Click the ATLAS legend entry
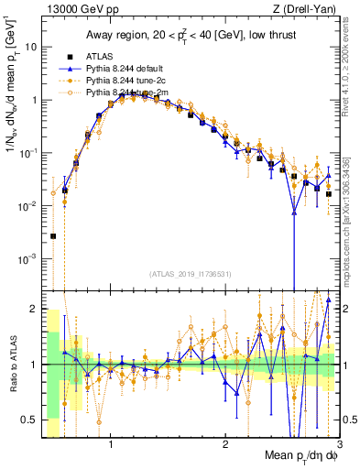point(101,57)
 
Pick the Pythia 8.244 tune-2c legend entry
point(125,81)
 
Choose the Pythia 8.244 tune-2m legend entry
point(125,93)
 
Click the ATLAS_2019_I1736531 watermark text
point(190,274)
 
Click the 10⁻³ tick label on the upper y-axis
point(28,258)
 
